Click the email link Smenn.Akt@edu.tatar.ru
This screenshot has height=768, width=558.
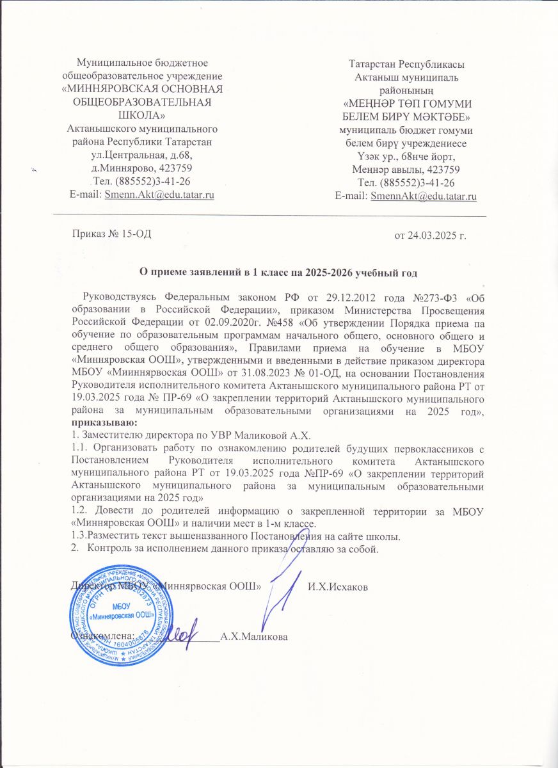pos(159,195)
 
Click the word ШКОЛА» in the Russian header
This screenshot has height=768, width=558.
pos(142,115)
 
